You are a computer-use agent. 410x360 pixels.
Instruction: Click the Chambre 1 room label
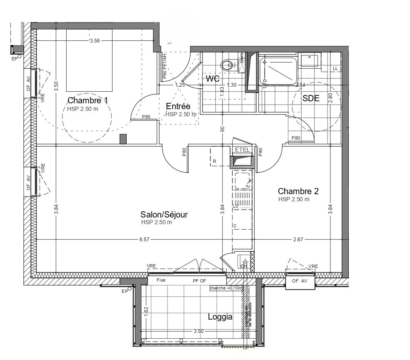(x=87, y=100)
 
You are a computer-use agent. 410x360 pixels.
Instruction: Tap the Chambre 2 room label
(x=298, y=191)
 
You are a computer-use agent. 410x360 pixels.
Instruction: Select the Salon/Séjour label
(x=164, y=215)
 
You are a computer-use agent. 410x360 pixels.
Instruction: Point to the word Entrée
(x=178, y=106)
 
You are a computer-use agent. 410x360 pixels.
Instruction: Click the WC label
(x=212, y=78)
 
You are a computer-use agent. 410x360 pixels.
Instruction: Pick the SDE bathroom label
(x=310, y=98)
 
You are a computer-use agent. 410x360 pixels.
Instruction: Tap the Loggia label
(x=220, y=317)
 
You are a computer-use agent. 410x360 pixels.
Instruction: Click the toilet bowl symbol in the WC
(x=227, y=65)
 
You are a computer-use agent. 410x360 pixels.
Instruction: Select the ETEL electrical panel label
(x=242, y=150)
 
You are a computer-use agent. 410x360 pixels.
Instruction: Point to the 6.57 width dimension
(x=144, y=240)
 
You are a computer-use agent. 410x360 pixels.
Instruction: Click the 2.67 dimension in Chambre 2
(x=298, y=240)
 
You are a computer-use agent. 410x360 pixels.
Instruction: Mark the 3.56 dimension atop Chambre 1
(x=95, y=40)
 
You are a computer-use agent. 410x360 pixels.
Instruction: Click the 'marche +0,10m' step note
(x=226, y=288)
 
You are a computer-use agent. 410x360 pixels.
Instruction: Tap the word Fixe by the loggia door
(x=161, y=280)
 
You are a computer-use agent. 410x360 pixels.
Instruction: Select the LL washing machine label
(x=335, y=69)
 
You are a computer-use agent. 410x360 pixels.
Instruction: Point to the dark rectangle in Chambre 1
(x=123, y=139)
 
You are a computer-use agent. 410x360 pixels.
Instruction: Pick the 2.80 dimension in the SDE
(x=330, y=98)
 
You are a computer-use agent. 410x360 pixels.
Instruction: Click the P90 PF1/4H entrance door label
(x=165, y=67)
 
